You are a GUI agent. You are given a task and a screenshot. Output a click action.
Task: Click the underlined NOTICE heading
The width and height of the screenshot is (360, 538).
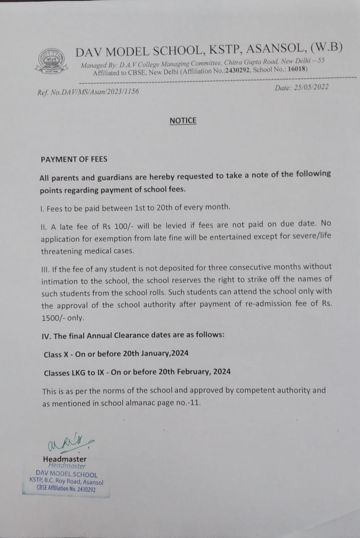point(183,121)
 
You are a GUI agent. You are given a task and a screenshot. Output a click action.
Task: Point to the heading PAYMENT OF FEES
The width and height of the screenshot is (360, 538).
point(74,159)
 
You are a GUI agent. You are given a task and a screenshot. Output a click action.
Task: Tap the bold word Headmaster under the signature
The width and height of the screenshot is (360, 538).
point(65,459)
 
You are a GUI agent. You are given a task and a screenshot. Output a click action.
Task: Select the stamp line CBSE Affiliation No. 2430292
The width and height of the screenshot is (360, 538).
point(66,489)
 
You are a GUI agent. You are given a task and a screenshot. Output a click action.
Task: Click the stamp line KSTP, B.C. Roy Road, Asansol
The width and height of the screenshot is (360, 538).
point(66,482)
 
